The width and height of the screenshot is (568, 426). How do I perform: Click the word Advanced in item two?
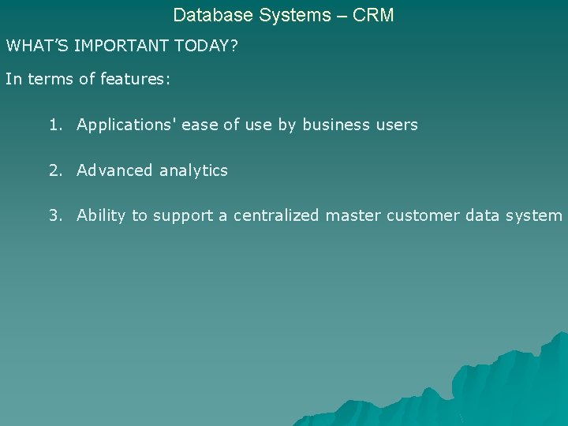click(x=114, y=170)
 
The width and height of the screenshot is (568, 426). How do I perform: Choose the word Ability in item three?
click(x=101, y=216)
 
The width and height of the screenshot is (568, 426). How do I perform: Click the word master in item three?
click(x=353, y=216)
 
